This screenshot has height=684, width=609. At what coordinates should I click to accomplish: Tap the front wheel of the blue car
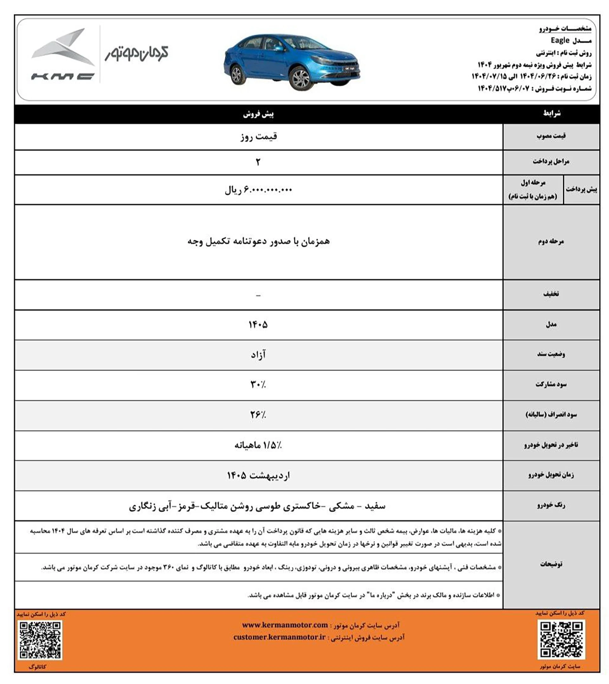coord(300,78)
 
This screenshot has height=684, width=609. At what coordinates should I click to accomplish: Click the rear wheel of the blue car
coord(237,75)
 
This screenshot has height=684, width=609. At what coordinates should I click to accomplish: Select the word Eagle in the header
coord(560,41)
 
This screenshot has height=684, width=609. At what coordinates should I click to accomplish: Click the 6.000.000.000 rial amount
coord(258,190)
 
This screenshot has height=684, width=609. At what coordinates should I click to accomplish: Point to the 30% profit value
coord(258,385)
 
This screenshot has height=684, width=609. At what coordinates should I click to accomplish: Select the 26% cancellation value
coord(258,415)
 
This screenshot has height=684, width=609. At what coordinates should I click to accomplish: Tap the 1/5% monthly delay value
coord(258,445)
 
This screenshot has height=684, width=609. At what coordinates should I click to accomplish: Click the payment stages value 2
coord(258,162)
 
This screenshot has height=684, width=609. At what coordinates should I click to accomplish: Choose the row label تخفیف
coord(551,294)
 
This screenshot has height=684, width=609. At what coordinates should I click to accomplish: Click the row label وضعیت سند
coord(551,354)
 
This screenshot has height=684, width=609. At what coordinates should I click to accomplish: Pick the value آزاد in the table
coord(258,355)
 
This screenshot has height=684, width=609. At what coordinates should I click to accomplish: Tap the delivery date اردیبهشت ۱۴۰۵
coord(258,475)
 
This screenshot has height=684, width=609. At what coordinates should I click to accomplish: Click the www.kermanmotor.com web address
coord(285,625)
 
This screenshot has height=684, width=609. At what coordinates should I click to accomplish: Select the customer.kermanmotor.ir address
coord(279,637)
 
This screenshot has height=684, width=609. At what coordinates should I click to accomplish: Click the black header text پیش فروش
coord(258,114)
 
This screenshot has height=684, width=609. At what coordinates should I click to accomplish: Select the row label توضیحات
coord(551,564)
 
